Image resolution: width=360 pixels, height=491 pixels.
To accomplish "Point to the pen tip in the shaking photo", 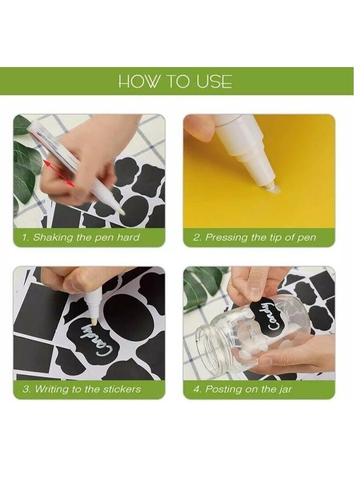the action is tap(123, 212).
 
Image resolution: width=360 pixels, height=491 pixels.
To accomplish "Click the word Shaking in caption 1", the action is tap(53, 237).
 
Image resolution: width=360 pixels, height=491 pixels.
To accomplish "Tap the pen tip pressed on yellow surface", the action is tap(270, 187).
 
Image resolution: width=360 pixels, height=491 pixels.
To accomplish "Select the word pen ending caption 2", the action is tap(306, 238).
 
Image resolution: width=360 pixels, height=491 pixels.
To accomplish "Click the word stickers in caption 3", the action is tap(122, 389).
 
